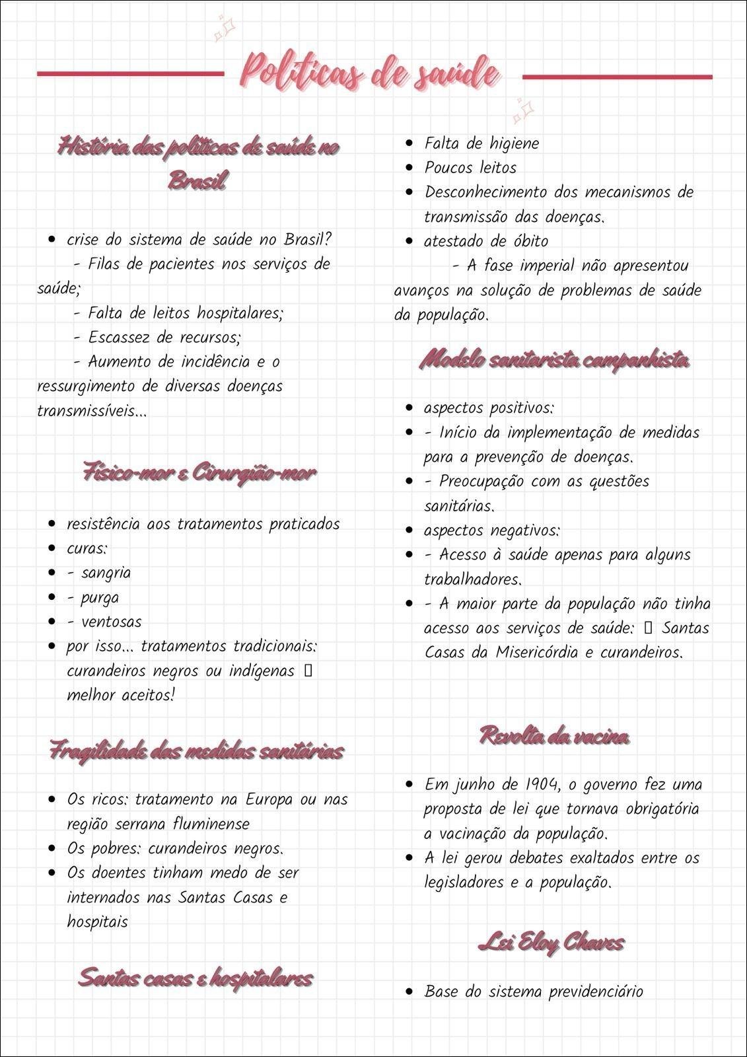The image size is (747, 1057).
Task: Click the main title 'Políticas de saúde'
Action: pos(370,71)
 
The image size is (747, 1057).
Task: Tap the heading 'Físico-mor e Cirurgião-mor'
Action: pos(200,473)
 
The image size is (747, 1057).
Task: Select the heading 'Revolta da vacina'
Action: pos(553,735)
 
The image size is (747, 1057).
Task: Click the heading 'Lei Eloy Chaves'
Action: pos(551,943)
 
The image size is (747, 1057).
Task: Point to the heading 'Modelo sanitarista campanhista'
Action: pos(555,361)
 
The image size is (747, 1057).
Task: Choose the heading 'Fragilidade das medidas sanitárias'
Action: pos(197,752)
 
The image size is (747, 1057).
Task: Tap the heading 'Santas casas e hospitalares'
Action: pos(196,977)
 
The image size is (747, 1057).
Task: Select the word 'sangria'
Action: pos(106,573)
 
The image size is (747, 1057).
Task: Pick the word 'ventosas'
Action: pos(111,622)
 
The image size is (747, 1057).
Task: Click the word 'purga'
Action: pos(100,598)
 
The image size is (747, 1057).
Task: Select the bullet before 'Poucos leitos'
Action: pos(410,168)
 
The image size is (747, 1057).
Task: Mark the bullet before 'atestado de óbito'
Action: pos(410,242)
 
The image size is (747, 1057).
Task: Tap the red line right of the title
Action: pos(617,77)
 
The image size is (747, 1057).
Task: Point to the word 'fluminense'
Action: pos(211,824)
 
